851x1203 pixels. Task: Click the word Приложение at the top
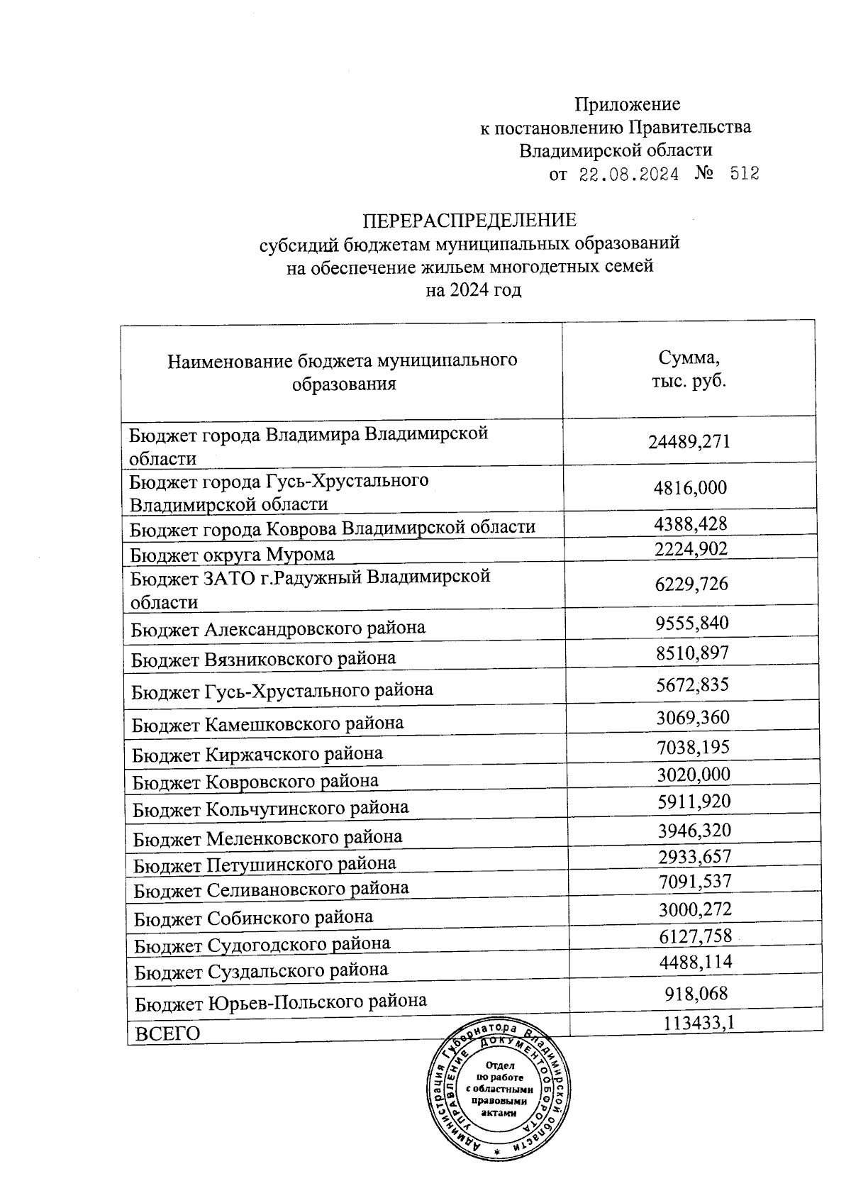(x=627, y=105)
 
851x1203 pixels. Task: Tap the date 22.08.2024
(x=629, y=174)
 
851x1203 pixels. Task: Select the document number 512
(x=744, y=174)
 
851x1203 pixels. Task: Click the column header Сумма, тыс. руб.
(x=689, y=369)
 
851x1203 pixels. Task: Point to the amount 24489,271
(x=689, y=442)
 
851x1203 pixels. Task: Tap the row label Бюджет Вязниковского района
(x=264, y=659)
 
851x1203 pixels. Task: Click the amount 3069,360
(x=693, y=718)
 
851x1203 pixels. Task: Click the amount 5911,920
(x=694, y=802)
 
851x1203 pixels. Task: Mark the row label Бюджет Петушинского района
(x=265, y=864)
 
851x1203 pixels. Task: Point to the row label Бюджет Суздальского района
(x=262, y=970)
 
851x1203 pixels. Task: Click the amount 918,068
(x=696, y=994)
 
